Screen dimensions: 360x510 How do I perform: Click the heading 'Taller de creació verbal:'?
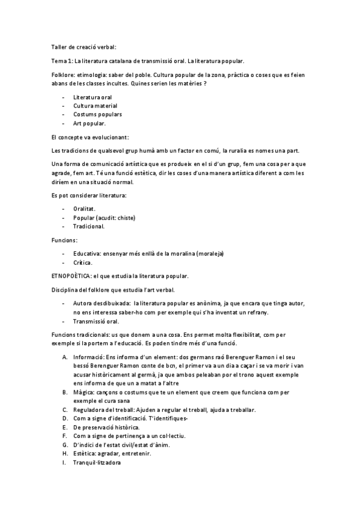(84, 46)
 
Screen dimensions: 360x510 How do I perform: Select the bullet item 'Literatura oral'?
(92, 97)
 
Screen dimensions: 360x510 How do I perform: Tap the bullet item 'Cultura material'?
(95, 105)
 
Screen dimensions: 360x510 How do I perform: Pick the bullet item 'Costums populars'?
(97, 114)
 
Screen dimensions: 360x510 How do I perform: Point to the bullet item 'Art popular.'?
(90, 123)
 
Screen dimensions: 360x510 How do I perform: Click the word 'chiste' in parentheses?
(126, 218)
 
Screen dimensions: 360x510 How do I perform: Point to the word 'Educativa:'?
(88, 253)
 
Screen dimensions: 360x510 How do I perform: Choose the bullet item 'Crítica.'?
(83, 262)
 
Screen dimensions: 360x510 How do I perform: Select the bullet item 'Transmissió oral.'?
(96, 321)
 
